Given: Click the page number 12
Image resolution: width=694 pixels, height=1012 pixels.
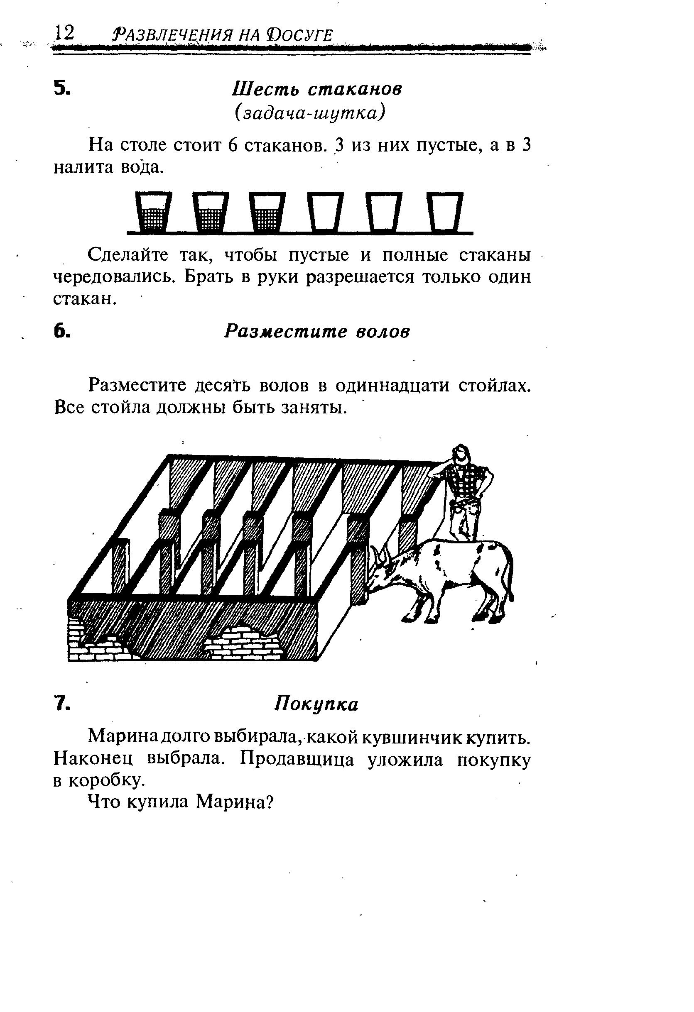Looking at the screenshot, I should click(64, 33).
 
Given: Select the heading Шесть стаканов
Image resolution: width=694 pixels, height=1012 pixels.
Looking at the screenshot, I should click(317, 89).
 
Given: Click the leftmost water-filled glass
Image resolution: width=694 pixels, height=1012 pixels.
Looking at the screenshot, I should click(153, 212).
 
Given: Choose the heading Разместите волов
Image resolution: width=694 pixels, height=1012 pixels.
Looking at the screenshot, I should click(317, 332).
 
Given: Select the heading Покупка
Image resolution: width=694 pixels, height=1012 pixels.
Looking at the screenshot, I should click(317, 704).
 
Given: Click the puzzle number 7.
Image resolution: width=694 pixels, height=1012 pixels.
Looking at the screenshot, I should click(62, 704).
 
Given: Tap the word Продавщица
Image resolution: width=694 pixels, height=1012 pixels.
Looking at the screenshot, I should click(297, 760).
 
